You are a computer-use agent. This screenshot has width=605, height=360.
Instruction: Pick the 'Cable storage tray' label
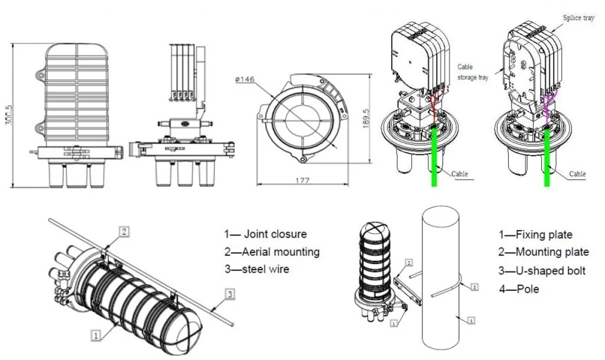[473, 72]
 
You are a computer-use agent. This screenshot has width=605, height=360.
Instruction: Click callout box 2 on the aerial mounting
[123, 231]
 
